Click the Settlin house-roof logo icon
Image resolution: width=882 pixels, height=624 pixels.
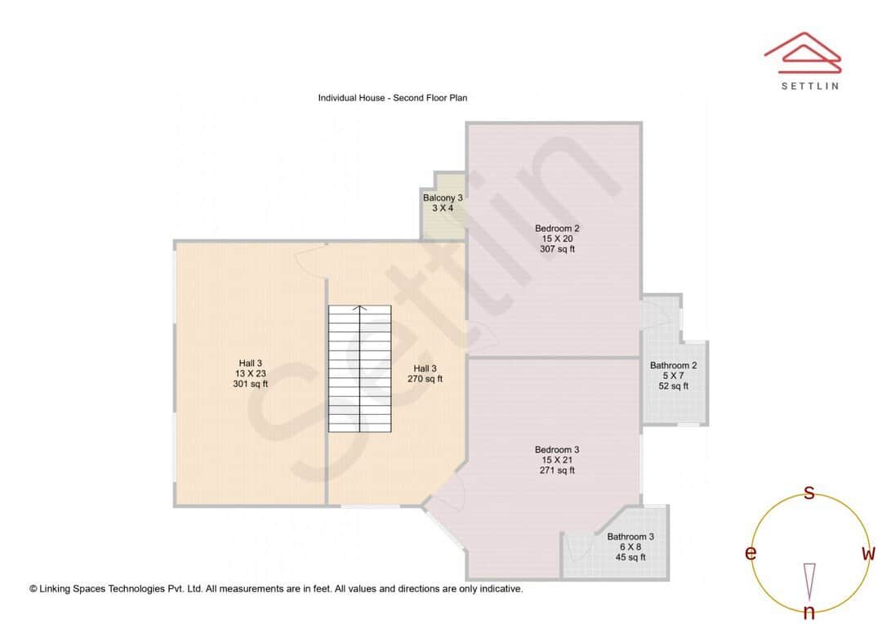[x=803, y=51]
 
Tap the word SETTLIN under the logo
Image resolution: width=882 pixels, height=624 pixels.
[x=809, y=86]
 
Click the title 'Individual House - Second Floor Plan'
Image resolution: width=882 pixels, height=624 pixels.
[x=392, y=98]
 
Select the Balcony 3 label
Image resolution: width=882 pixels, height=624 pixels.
[x=443, y=198]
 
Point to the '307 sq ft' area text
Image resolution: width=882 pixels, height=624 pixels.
[x=557, y=249]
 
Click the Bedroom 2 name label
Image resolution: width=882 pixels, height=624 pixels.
[x=557, y=228]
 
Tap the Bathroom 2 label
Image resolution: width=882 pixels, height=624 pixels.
[x=673, y=366]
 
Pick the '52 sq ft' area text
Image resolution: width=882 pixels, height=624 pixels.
[x=673, y=386]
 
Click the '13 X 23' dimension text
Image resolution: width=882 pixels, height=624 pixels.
[x=250, y=373]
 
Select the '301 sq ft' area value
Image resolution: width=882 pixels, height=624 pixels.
[x=250, y=384]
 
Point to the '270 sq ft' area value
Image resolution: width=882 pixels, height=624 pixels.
[x=425, y=379]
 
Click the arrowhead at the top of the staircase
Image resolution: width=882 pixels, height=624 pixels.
[x=359, y=309]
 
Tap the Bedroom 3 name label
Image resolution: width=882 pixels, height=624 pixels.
[x=557, y=449]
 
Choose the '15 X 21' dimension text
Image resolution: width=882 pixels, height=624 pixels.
[x=557, y=460]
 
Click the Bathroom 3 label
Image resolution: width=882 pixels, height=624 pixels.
[x=630, y=537]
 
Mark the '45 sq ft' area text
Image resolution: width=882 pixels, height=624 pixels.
[x=630, y=557]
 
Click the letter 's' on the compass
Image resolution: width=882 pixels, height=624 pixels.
[x=809, y=493]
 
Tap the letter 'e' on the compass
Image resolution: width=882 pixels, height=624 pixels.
[x=750, y=554]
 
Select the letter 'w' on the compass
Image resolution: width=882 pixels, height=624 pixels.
[x=868, y=554]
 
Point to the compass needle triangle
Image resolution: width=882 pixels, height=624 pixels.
[x=809, y=581]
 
